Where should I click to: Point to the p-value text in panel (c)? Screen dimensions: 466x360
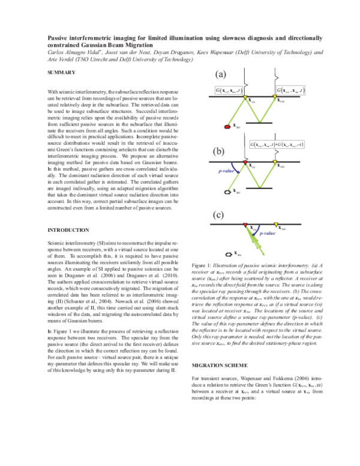click(x=267, y=232)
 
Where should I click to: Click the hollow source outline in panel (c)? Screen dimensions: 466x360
click(x=227, y=253)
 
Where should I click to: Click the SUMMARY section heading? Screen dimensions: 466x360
click(x=61, y=73)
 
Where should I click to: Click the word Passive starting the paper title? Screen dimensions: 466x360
click(x=59, y=37)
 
